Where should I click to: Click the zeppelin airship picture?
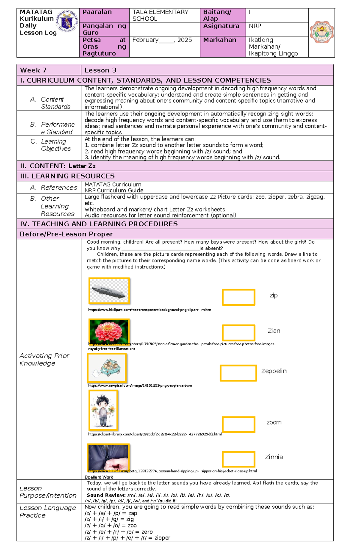[109, 291]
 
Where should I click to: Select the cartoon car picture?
[106, 368]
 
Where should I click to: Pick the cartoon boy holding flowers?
[103, 410]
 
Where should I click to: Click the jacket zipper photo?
[108, 457]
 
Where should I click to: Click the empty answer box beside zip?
[238, 297]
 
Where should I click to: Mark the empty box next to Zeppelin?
[238, 373]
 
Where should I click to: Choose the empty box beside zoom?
[238, 424]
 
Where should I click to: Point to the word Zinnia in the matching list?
[274, 457]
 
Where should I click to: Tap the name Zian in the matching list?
[274, 331]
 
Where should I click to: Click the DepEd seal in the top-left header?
[67, 21]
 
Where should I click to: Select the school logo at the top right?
[322, 32]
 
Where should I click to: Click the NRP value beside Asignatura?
[255, 26]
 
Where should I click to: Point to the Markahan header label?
[220, 40]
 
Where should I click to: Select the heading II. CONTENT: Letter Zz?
[58, 166]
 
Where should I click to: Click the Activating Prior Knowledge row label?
[44, 359]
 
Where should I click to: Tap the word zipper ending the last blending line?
[162, 538]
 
